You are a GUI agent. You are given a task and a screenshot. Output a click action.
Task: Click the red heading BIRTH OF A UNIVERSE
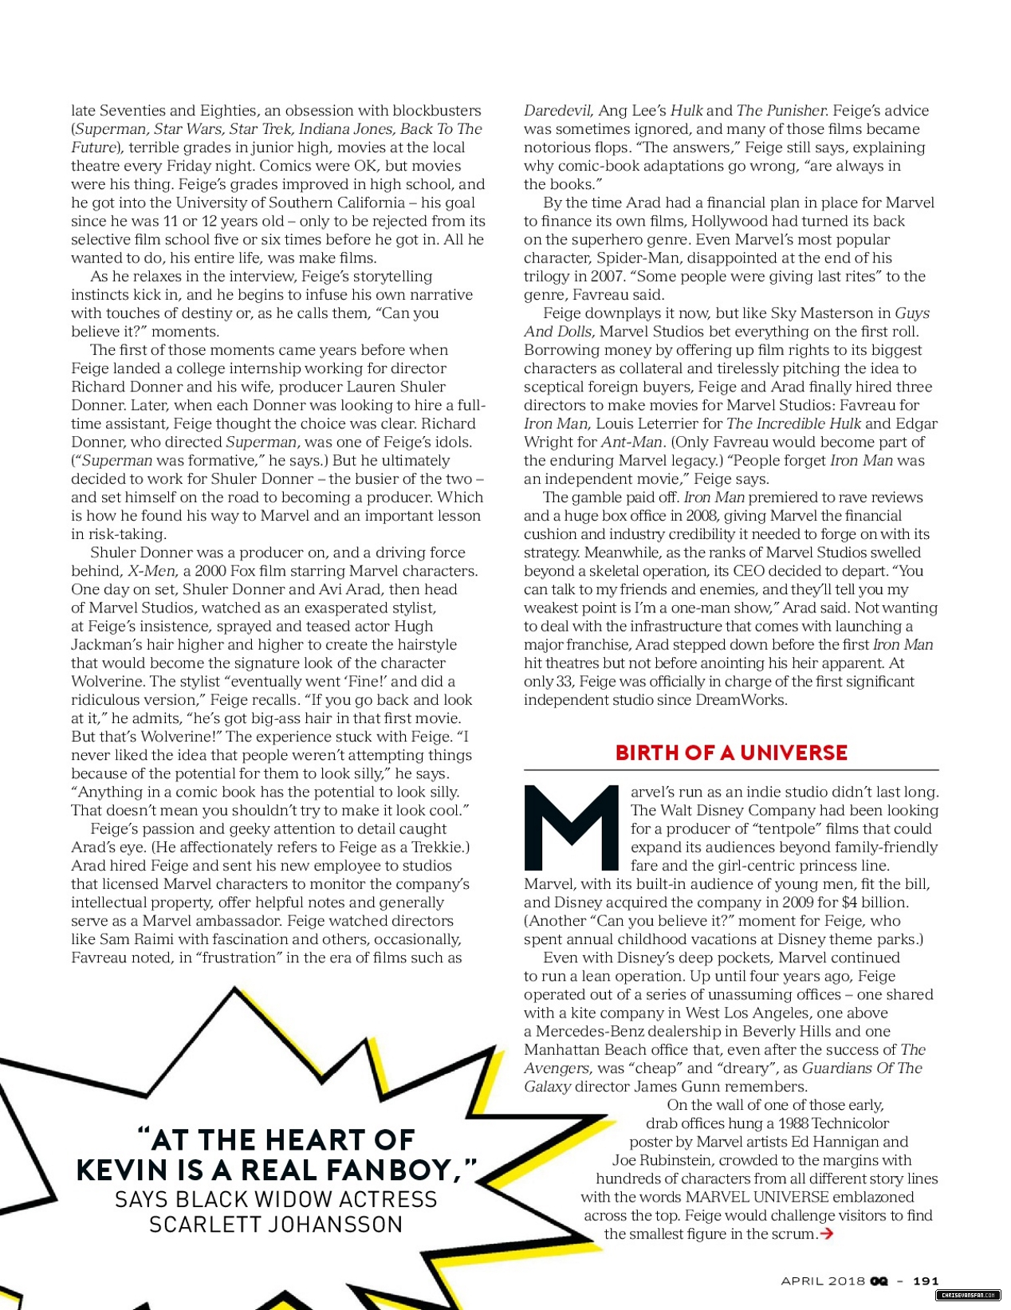(730, 753)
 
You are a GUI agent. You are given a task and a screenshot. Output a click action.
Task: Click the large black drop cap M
(571, 828)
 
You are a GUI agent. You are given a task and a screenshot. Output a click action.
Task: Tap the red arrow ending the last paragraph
(827, 1233)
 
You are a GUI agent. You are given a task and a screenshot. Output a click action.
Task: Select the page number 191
(925, 1280)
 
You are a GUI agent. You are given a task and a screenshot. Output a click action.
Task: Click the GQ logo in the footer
(879, 1280)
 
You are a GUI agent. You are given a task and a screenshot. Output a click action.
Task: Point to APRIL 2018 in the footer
(822, 1280)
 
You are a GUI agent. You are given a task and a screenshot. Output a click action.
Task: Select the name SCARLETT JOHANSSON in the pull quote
(276, 1225)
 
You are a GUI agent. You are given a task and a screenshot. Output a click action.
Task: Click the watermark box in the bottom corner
(966, 1296)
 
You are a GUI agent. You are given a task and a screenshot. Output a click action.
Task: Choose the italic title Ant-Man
(631, 442)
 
